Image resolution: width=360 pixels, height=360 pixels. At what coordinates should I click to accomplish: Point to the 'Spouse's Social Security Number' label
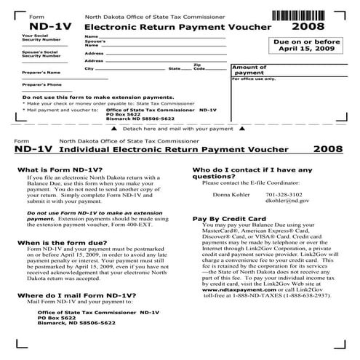click(40, 55)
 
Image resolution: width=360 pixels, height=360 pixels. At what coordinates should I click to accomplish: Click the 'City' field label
click(89, 68)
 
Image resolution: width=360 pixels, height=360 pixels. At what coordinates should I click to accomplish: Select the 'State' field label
click(175, 68)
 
